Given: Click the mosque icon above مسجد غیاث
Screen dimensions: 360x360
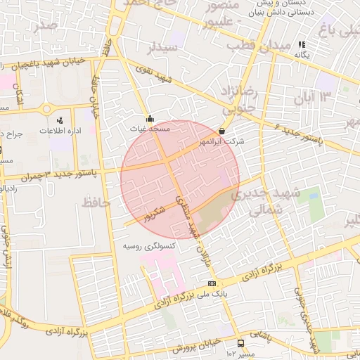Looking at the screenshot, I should [x=149, y=119].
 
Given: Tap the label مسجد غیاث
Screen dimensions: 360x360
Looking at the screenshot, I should [x=150, y=129].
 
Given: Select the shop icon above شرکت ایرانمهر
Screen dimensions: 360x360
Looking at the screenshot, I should [x=222, y=131].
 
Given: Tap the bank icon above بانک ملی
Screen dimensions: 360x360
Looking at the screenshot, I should [x=212, y=283].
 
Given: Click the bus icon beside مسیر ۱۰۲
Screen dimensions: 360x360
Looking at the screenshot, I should [x=241, y=344].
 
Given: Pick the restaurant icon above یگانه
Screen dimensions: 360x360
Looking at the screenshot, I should [x=302, y=44].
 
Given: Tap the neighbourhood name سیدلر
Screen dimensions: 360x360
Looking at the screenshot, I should [x=162, y=48].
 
